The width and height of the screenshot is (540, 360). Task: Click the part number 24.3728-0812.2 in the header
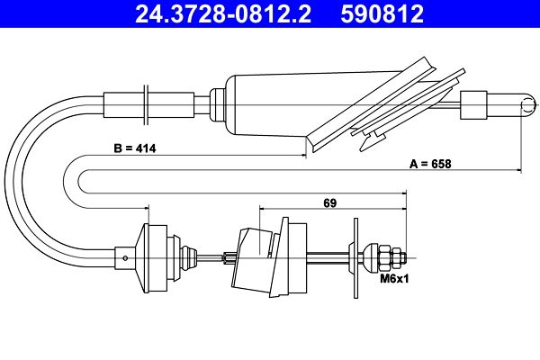(x=223, y=13)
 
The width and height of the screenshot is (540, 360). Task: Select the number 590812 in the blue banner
(x=382, y=13)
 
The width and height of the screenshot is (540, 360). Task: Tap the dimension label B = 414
(x=135, y=148)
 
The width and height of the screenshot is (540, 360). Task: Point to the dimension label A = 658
(x=430, y=164)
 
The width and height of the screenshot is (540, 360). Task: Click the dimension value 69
(x=329, y=202)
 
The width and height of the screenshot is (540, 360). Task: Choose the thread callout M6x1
(x=394, y=278)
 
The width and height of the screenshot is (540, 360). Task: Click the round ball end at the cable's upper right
(x=528, y=105)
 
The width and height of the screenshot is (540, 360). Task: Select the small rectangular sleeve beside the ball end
(x=473, y=105)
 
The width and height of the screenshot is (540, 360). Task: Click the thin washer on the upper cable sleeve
(x=146, y=105)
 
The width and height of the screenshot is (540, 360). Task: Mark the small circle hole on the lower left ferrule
(x=125, y=258)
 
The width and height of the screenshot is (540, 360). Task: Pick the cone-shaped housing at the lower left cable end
(x=151, y=258)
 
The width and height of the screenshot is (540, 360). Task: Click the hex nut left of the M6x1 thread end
(x=384, y=258)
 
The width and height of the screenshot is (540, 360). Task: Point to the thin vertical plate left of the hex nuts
(x=355, y=258)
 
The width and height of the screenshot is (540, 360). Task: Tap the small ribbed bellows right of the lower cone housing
(x=189, y=258)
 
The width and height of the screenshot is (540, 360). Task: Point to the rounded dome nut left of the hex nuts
(x=371, y=258)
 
